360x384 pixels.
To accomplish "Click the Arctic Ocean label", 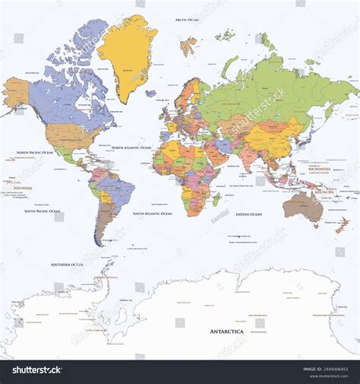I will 187,20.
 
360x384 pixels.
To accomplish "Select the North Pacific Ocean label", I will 35,152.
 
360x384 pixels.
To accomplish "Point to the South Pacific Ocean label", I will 42,211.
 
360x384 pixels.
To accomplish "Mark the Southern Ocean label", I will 66,265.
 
